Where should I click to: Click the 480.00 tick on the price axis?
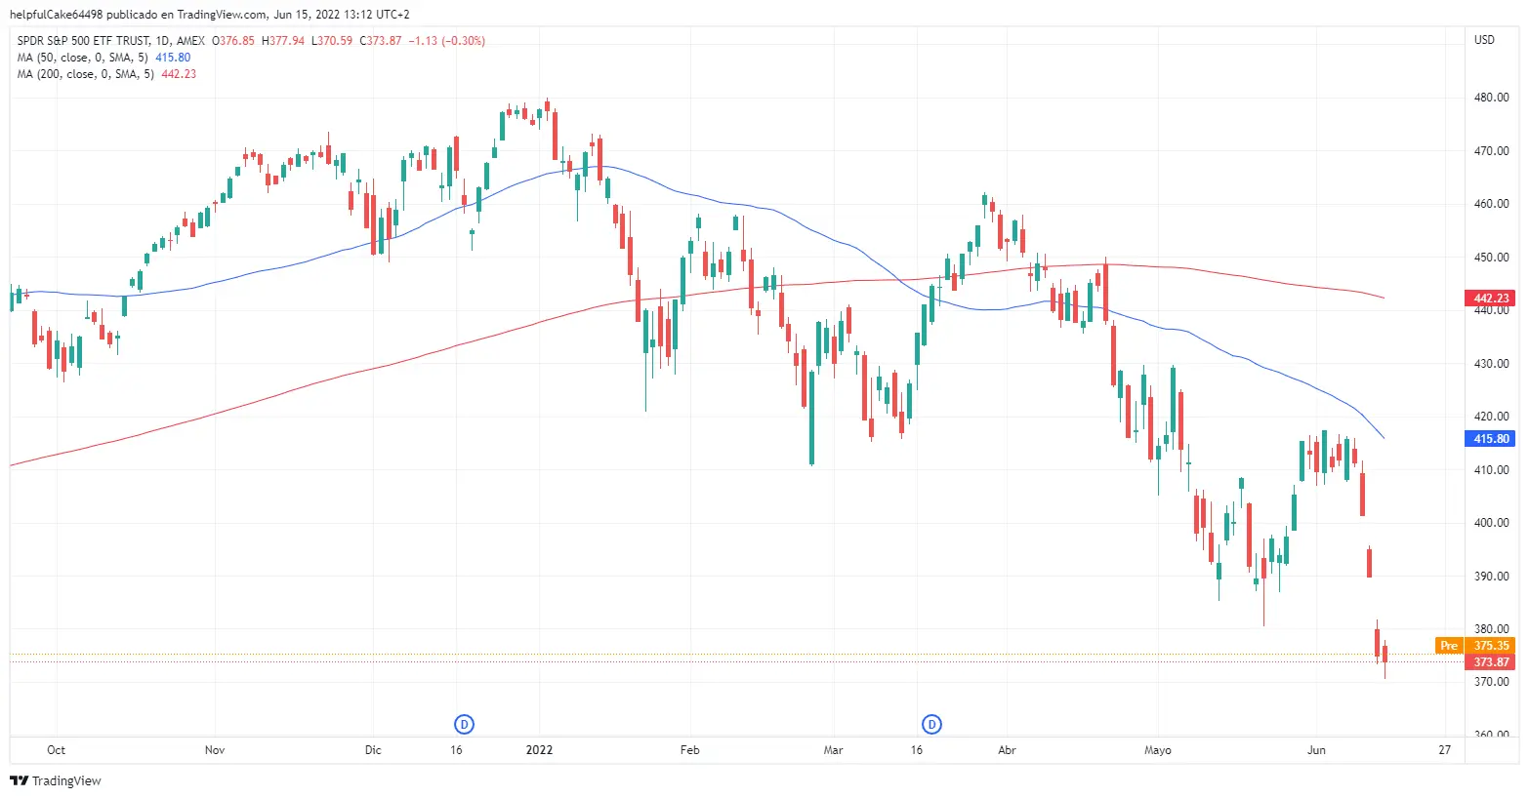[x=1491, y=98]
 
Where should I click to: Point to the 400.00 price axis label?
[x=1491, y=523]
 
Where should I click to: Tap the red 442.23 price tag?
[x=1490, y=299]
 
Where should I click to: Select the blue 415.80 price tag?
[x=1490, y=439]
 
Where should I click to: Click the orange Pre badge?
[x=1449, y=646]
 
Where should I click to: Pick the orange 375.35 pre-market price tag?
[x=1491, y=646]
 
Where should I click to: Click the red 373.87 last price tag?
[x=1491, y=662]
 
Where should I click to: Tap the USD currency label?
[x=1484, y=40]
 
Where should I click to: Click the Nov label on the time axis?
[x=215, y=750]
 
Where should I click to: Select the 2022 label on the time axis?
[x=539, y=750]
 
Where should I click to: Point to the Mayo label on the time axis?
[x=1157, y=750]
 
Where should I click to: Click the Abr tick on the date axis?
[x=1007, y=750]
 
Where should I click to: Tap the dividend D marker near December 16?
[x=465, y=724]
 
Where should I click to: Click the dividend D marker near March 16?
[x=932, y=724]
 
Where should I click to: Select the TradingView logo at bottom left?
[x=56, y=780]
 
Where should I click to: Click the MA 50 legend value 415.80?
[x=173, y=58]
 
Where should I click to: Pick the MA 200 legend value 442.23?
[x=179, y=74]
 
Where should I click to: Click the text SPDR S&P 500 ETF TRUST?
[x=84, y=41]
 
